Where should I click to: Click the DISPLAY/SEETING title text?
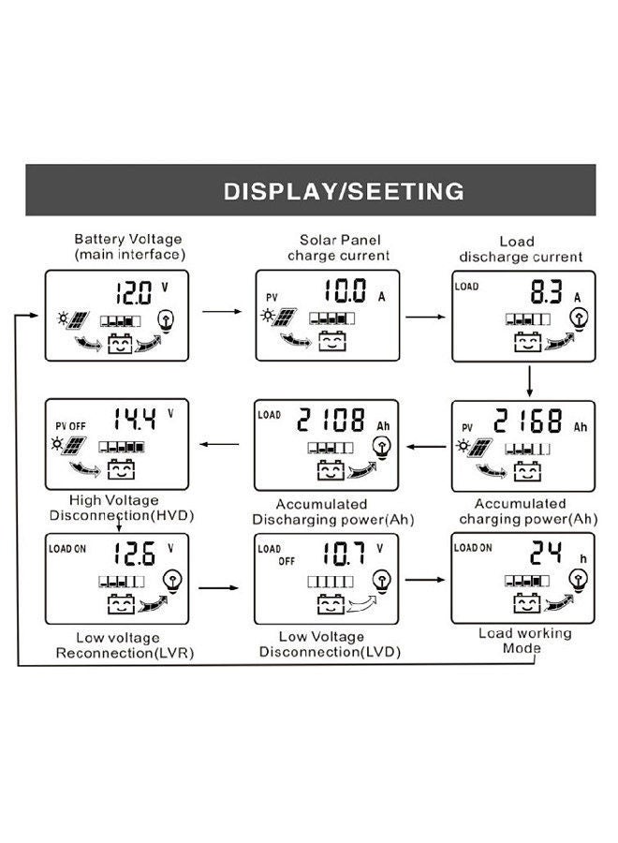point(344,191)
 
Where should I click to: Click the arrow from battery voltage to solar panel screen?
point(221,311)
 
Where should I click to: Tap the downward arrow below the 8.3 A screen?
point(530,379)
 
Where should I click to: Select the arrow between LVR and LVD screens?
point(221,589)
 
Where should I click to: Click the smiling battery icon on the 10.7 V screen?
point(331,606)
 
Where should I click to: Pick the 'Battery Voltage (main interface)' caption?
point(129,247)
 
